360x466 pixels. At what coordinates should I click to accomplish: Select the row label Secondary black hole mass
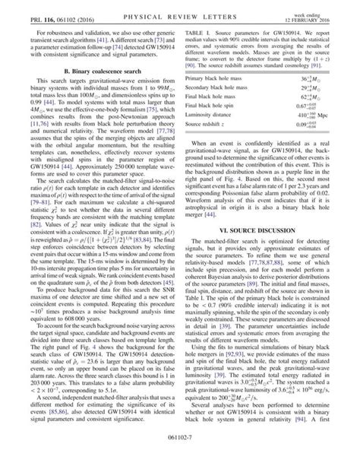click(226, 111)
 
